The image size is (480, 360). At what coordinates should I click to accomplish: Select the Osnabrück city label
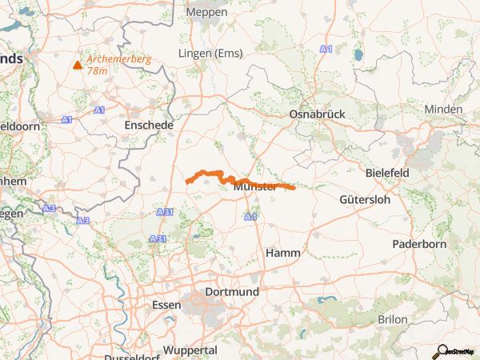point(317,114)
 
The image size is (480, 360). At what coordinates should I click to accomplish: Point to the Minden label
point(443,110)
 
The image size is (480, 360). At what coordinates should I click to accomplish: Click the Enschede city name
point(149,126)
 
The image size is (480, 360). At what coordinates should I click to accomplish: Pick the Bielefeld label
point(387,173)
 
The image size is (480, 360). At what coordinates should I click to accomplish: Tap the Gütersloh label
point(366,198)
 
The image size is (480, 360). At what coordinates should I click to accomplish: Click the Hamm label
point(282,253)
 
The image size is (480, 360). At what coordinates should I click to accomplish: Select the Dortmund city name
point(232,292)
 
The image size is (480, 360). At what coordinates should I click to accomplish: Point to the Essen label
point(166,305)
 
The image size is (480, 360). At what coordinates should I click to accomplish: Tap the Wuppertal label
point(190,350)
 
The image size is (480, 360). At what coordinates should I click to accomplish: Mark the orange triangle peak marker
point(78,65)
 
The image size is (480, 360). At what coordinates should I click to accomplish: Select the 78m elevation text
point(97,71)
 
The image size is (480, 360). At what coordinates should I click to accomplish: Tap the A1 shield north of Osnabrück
point(325,50)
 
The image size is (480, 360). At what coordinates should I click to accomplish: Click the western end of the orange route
point(188,182)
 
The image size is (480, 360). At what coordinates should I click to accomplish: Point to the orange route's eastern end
point(294,189)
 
